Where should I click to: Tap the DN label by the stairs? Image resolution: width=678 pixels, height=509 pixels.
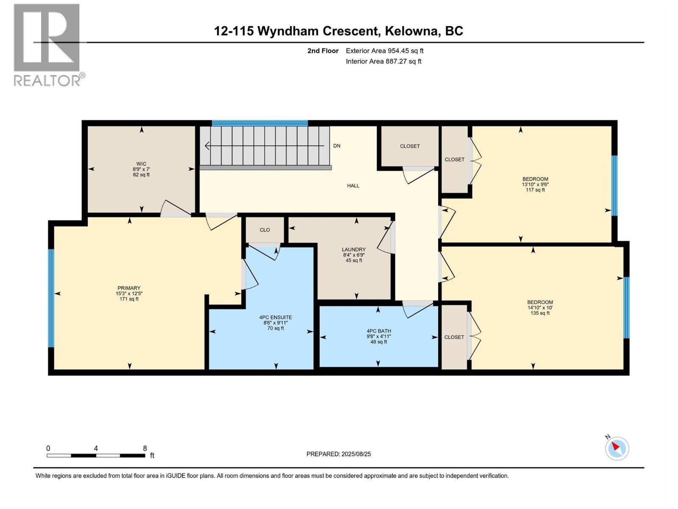336,146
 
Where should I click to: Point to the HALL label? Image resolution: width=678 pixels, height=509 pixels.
353,186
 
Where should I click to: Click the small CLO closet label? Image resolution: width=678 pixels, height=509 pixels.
264,230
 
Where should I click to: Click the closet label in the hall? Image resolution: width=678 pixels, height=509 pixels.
409,146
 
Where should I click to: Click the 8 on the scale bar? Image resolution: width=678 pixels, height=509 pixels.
145,448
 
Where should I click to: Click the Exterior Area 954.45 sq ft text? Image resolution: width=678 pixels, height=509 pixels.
384,51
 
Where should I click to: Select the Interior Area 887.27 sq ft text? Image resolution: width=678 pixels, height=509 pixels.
383,61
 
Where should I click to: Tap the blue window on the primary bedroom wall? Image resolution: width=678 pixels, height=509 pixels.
51,298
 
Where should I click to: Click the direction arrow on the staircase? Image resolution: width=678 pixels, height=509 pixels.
208,146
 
